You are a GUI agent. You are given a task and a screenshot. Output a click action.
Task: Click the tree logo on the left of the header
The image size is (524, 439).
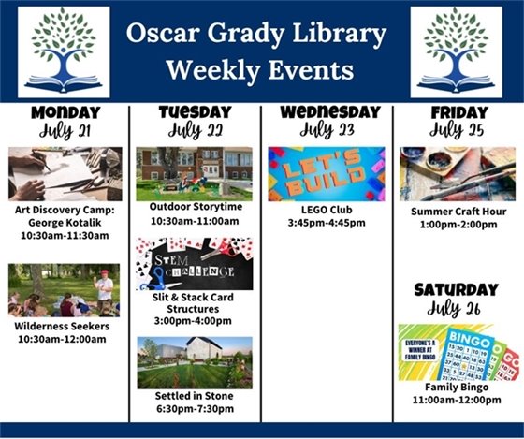pyautogui.click(x=63, y=51)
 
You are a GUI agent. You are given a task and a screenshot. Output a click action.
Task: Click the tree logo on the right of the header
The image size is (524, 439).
pyautogui.click(x=455, y=51)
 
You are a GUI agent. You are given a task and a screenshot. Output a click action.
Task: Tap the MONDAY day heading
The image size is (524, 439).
pyautogui.click(x=65, y=112)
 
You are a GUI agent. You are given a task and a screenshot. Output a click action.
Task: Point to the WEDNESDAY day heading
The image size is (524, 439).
pyautogui.click(x=327, y=111)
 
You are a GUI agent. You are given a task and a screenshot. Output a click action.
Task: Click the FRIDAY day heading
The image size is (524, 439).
pyautogui.click(x=458, y=112)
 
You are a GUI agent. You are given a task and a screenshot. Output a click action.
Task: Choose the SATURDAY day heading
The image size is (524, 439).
pyautogui.click(x=457, y=289)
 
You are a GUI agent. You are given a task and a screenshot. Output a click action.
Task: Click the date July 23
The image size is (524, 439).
pyautogui.click(x=327, y=129)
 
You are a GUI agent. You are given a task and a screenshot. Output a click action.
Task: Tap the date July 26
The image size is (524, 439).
pyautogui.click(x=457, y=307)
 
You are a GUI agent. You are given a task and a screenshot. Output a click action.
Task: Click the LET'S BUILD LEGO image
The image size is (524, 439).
pyautogui.click(x=327, y=173)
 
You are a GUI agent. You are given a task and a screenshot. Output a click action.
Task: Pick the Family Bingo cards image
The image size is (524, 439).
pyautogui.click(x=458, y=352)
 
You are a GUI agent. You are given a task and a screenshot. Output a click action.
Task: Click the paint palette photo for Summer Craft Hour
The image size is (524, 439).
pyautogui.click(x=458, y=173)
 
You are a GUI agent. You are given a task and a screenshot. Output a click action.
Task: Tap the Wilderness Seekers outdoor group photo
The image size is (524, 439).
pyautogui.click(x=65, y=290)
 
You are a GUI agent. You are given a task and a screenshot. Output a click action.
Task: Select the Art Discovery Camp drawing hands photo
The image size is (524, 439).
pyautogui.click(x=65, y=174)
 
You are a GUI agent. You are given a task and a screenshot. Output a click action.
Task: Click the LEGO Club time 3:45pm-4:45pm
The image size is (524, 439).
pyautogui.click(x=327, y=224)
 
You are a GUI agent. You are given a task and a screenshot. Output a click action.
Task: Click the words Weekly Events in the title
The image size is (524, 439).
pyautogui.click(x=259, y=70)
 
